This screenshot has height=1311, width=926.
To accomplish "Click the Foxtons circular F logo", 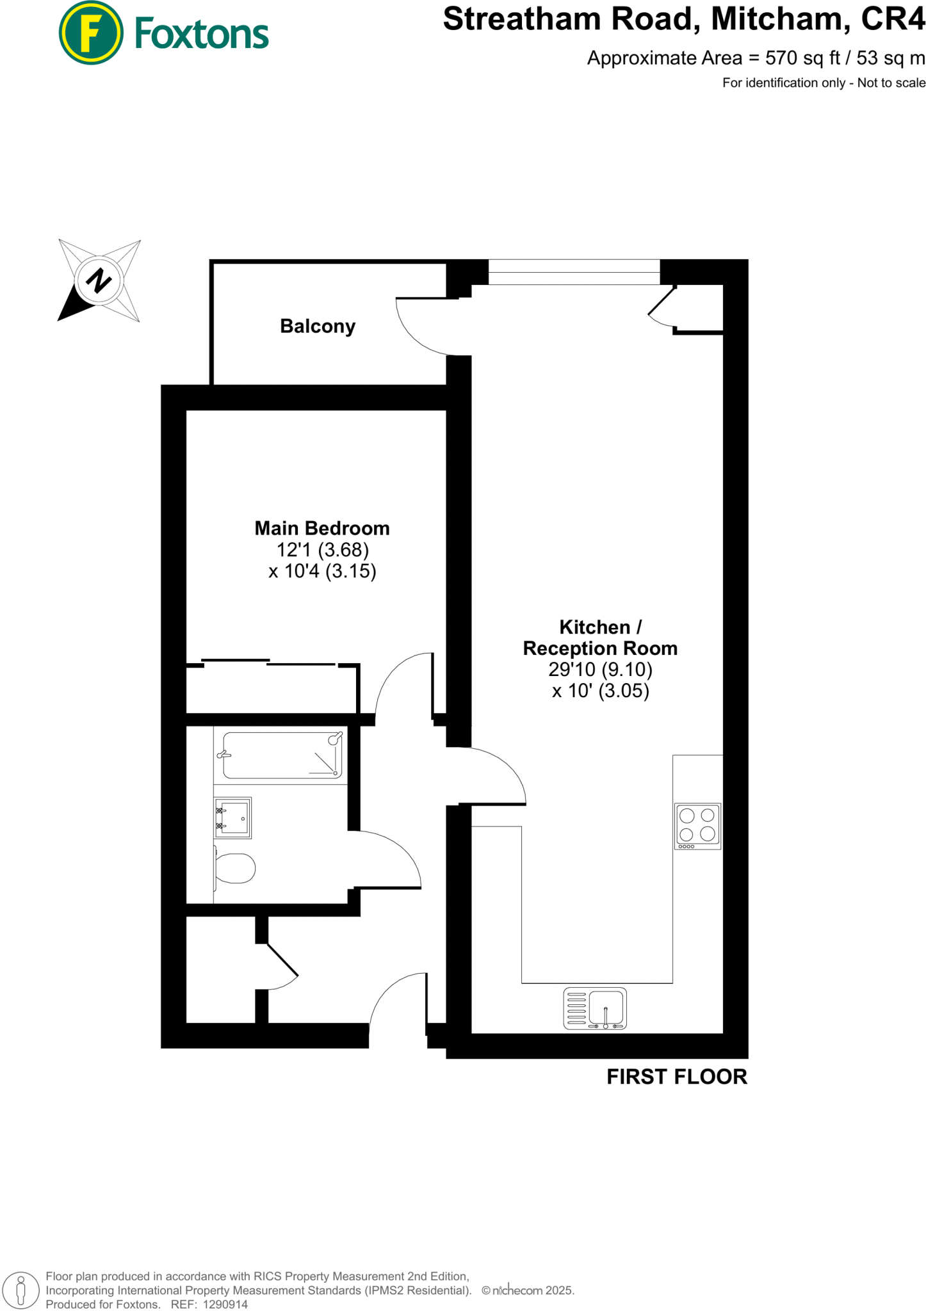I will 90,33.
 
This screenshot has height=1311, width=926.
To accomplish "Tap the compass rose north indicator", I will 99,280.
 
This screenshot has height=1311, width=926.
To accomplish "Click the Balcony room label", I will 318,326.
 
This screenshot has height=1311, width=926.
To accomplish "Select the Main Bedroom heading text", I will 322,528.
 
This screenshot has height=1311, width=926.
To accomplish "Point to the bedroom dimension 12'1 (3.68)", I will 322,550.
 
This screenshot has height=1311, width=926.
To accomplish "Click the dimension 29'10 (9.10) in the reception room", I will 600,670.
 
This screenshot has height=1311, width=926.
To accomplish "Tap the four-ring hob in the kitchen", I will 697,826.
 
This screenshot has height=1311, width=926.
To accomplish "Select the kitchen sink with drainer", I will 595,1009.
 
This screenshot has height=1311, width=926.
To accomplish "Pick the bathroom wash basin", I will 232,817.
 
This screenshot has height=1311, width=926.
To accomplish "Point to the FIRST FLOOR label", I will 677,1077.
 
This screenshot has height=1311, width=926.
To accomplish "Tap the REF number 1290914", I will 225,1304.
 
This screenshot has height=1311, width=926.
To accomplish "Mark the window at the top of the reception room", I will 574,272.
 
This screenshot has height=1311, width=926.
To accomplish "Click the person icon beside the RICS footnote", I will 21,1290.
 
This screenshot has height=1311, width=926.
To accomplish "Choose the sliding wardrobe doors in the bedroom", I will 269,663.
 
